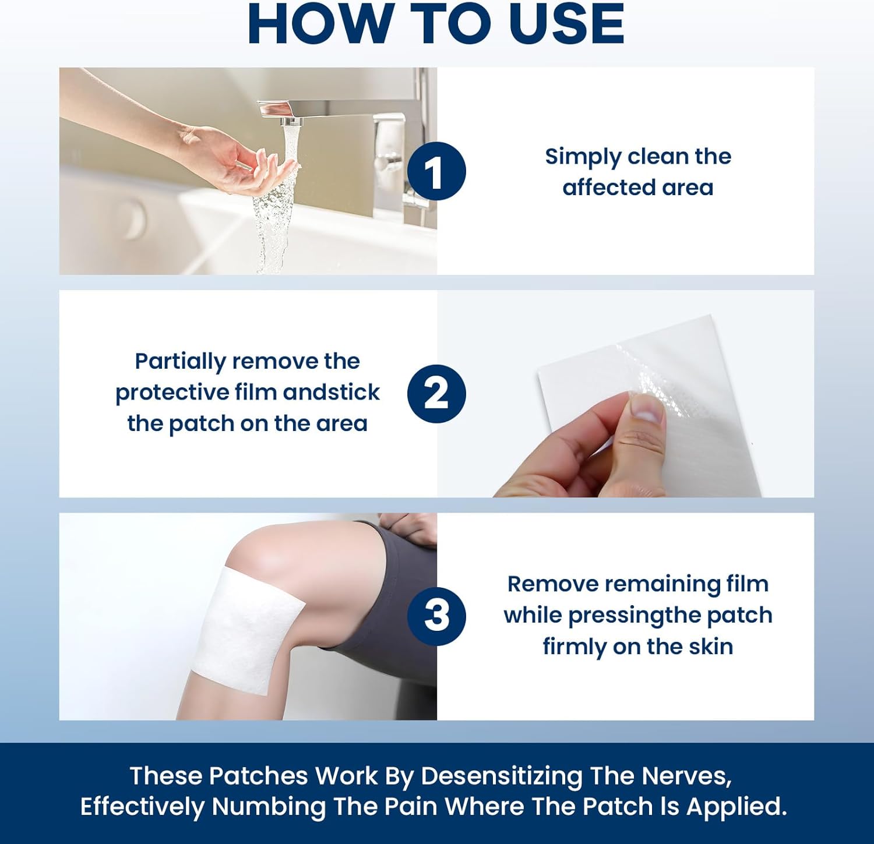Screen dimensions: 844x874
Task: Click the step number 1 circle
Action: pyautogui.click(x=436, y=171)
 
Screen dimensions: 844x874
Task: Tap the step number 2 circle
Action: pyautogui.click(x=436, y=394)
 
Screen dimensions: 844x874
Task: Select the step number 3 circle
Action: pyautogui.click(x=436, y=616)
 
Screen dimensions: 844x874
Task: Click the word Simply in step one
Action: pyautogui.click(x=583, y=157)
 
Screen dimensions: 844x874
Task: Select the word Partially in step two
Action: pyautogui.click(x=180, y=362)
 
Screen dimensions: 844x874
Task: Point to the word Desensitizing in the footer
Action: pyautogui.click(x=501, y=776)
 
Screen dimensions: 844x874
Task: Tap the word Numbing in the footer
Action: pyautogui.click(x=268, y=807)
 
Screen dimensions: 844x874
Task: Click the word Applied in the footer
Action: pyautogui.click(x=736, y=807)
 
